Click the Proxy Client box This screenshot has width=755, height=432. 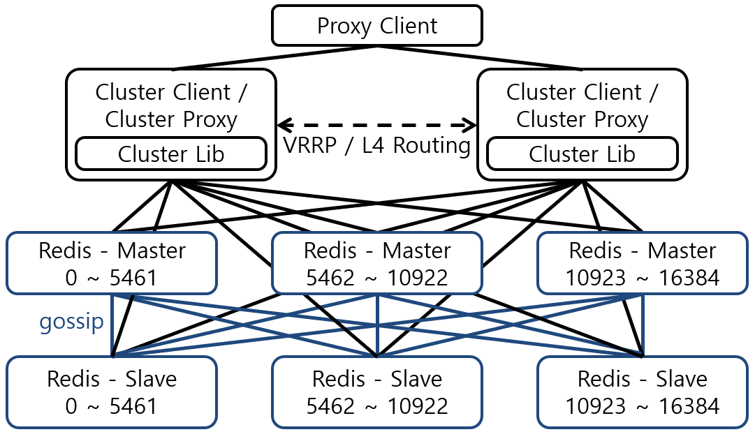[x=377, y=26]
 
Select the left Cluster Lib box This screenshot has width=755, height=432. [x=171, y=154]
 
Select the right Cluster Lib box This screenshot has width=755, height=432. [x=582, y=154]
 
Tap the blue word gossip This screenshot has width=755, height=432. [x=71, y=321]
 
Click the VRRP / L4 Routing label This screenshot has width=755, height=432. [x=377, y=145]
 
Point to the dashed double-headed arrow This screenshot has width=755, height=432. [x=377, y=126]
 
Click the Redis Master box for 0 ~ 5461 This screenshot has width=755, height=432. [x=112, y=264]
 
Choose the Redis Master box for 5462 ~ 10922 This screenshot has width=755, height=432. [x=377, y=264]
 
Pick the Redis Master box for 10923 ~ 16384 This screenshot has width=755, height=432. [x=643, y=264]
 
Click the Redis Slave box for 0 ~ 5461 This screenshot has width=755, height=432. [x=112, y=392]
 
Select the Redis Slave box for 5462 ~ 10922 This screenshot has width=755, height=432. [x=377, y=392]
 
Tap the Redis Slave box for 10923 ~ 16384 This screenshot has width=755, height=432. [x=643, y=392]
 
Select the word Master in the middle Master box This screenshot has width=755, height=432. [x=416, y=251]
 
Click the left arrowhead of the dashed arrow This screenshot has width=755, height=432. [x=284, y=126]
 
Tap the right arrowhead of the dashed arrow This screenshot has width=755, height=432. [x=470, y=126]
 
